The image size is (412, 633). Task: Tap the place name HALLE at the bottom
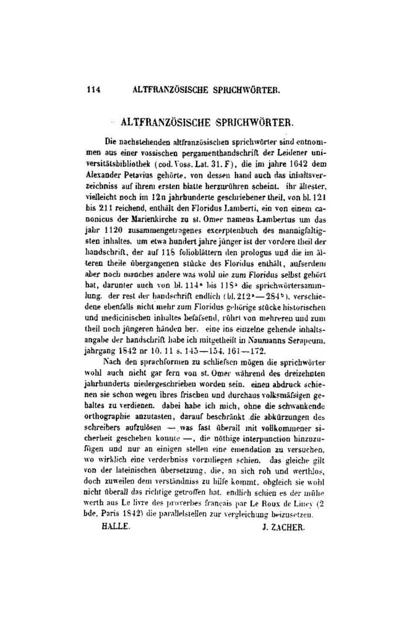[116, 529]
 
